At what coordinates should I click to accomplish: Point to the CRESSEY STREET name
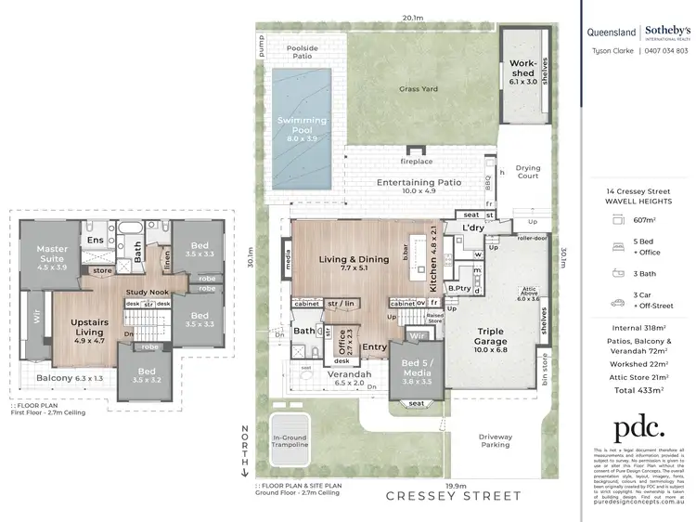[454, 496]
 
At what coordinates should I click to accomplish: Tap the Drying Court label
[527, 172]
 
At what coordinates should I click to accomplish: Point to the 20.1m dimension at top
[413, 17]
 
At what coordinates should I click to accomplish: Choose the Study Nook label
[145, 293]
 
